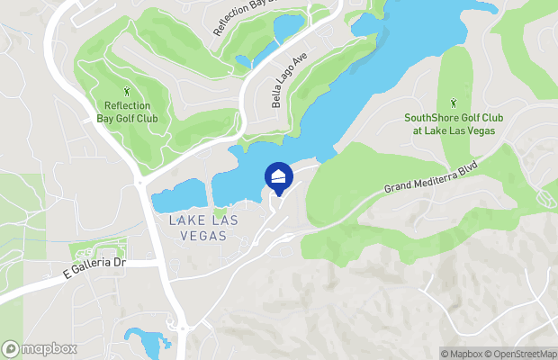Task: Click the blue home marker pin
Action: tap(279, 176)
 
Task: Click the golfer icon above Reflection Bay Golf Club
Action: tap(128, 90)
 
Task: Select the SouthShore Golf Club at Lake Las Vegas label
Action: tap(454, 124)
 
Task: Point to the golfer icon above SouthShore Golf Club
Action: tap(454, 103)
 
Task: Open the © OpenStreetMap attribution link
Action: tap(526, 354)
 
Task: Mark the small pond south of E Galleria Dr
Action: tap(144, 340)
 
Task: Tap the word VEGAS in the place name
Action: tap(196, 235)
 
